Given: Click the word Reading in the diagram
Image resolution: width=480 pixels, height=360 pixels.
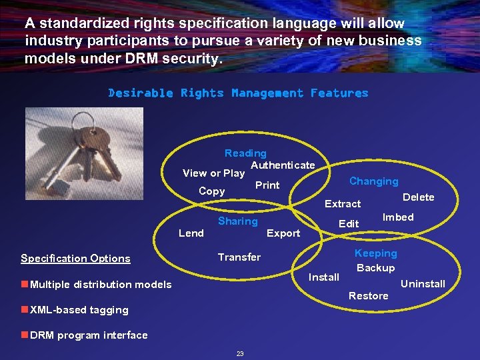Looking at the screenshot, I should pos(245,153).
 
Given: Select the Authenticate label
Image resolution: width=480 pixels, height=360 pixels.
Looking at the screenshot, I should pos(283,165).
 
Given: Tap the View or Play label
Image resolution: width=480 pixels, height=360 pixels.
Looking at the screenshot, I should pos(213,173).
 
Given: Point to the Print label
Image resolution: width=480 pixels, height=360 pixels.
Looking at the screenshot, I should pos(267,185).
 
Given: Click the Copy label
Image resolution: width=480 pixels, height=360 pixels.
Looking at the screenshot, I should pos(212,191).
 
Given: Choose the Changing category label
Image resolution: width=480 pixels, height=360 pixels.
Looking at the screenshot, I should pos(373,181).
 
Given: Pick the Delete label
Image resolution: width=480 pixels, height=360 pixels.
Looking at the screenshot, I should pos(419,197).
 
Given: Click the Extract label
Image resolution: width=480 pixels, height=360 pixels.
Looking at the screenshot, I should pos(343,204).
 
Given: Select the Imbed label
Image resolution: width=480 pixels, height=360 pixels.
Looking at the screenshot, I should pos(398,217).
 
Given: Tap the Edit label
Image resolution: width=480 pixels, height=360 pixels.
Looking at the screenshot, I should pos(349,224).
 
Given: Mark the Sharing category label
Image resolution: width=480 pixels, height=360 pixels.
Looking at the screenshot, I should pos(238,221).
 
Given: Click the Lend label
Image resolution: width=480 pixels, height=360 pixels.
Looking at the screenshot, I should pos(191,233).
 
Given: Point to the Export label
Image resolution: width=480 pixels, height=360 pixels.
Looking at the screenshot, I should pos(283,233).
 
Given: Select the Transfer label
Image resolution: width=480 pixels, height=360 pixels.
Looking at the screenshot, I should pos(239,257).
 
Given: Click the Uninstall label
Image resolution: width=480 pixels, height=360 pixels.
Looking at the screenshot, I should pos(423,284).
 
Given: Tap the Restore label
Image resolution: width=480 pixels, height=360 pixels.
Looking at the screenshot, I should pos(368,296).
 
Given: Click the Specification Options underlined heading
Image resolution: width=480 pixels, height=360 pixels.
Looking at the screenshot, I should pos(75,259).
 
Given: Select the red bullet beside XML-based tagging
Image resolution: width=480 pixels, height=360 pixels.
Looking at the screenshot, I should pos(24,309).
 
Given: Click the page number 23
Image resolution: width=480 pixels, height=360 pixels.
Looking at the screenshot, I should pos(240,353).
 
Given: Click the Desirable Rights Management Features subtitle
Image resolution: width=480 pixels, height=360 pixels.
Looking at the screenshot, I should pos(238,93).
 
